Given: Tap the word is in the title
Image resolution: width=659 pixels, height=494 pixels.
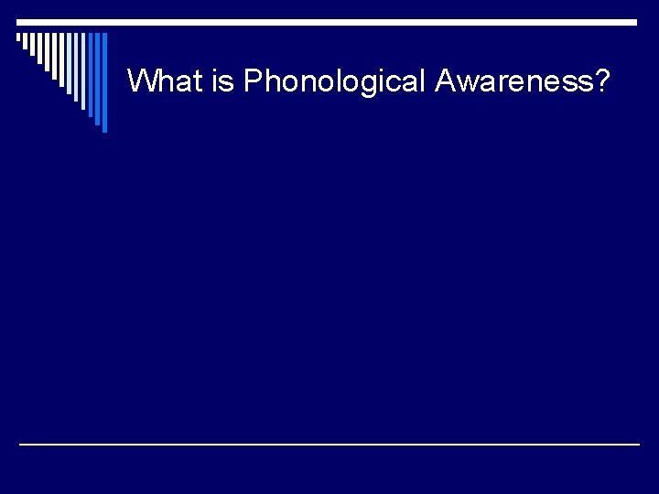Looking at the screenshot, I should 223,81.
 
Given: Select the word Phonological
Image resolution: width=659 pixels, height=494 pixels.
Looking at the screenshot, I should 335,81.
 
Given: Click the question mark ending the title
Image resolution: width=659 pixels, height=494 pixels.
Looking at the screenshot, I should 602,81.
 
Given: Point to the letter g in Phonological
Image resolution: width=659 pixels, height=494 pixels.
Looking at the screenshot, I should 362,84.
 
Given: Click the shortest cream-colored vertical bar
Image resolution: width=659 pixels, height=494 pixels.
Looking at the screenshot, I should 18,37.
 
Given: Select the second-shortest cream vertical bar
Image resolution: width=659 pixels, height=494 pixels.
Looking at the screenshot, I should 25,41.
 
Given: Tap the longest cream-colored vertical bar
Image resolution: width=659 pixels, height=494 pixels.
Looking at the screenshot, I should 61,59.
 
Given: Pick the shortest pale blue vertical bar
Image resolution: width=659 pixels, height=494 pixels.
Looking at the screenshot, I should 69,63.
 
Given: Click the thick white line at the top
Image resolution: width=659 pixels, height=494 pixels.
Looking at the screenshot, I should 329,22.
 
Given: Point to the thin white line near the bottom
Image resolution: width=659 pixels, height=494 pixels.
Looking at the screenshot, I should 329,444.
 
